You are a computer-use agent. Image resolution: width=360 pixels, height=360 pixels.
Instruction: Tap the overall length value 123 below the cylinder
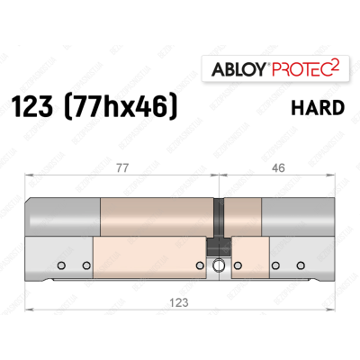[x=180, y=302]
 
